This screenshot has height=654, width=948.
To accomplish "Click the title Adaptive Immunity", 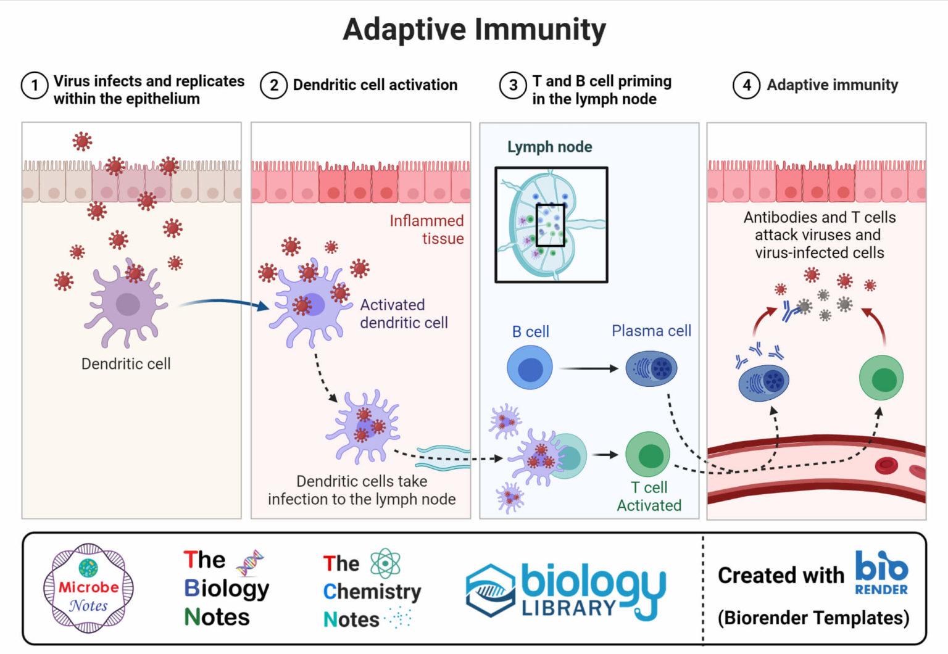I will click(474, 30).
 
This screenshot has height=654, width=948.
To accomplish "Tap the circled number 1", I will click(35, 86).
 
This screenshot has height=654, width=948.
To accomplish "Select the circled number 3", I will click(512, 86).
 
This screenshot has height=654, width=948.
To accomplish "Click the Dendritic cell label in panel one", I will click(126, 364).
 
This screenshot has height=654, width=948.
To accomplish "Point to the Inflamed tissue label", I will click(427, 230).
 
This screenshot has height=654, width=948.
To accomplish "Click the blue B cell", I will click(530, 368).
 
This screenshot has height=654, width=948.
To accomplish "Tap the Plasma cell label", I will click(651, 331).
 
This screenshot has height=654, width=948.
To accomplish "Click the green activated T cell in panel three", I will click(648, 455).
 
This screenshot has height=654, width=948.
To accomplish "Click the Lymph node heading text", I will click(549, 147).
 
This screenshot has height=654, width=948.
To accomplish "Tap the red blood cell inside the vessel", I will click(886, 465).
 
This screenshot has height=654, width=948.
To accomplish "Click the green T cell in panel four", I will click(881, 378).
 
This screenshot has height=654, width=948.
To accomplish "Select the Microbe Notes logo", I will click(88, 588).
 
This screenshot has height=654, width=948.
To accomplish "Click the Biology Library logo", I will click(565, 590).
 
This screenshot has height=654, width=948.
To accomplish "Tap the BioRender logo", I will click(881, 573).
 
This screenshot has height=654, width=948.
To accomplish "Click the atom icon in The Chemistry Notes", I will click(385, 563).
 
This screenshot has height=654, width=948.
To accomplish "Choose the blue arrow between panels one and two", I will click(225, 302).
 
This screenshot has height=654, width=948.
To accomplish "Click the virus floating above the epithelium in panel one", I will click(82, 141).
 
